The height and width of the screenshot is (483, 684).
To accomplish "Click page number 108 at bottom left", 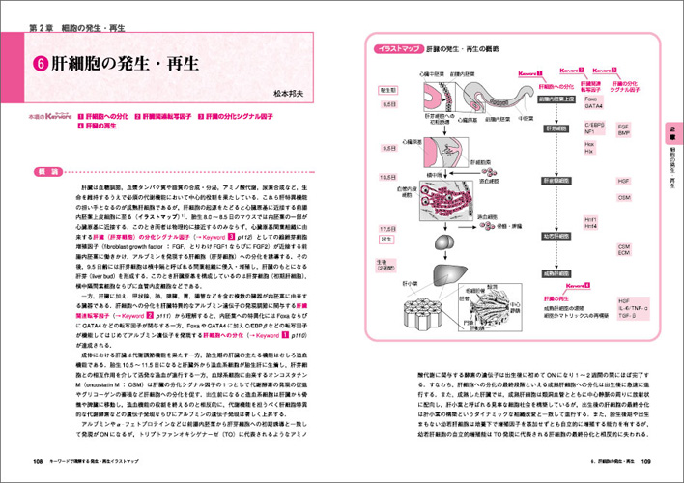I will (x=38, y=459).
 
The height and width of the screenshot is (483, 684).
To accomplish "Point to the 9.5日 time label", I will (x=388, y=150).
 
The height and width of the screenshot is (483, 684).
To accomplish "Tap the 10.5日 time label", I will (x=388, y=178).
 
